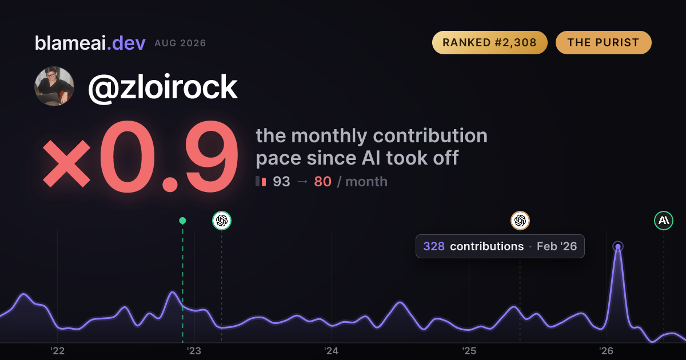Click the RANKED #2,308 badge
(490, 42)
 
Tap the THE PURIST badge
(603, 42)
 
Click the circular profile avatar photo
(54, 86)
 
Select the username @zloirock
(162, 87)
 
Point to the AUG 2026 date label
(180, 43)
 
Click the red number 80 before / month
(322, 182)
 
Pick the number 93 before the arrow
(281, 182)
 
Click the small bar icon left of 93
(261, 181)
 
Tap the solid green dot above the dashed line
(182, 221)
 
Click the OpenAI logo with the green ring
(222, 221)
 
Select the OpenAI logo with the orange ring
(520, 221)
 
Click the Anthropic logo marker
(664, 221)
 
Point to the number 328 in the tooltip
(434, 246)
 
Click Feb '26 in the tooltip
(557, 246)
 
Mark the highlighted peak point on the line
(618, 246)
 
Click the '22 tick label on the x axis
(57, 351)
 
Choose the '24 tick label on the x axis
(332, 351)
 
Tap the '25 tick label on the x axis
(469, 351)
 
